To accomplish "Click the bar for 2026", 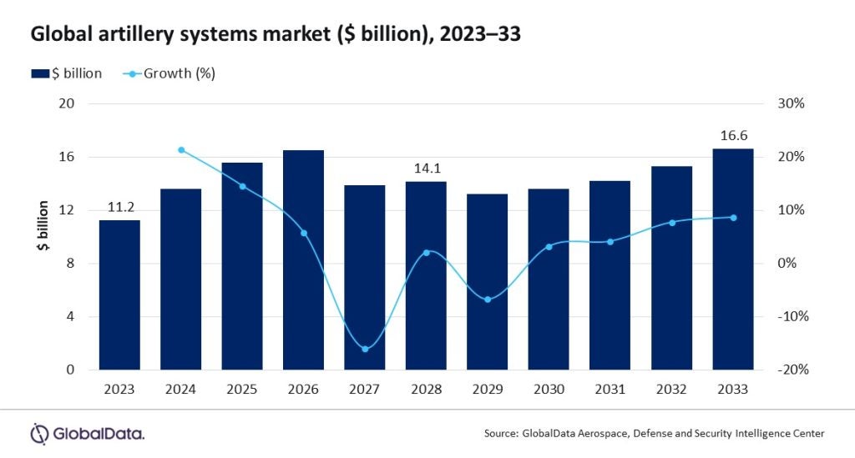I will point(303,259).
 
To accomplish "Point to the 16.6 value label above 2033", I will point(732,134).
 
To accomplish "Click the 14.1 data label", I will point(426,168).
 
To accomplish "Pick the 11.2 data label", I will point(119,206).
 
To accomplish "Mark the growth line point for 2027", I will point(365,349).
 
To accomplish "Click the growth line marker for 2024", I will point(181,150).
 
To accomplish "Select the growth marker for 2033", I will point(733,218).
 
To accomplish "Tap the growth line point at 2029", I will point(488,299).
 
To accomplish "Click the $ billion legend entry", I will point(67,73).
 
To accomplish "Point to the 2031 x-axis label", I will point(610,390).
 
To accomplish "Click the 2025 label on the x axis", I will point(242,390).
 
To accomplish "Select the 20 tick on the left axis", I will point(66,103).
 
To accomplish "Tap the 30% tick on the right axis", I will point(791,103).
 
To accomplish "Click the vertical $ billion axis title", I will point(43,236).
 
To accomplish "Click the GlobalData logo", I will point(88,433).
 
